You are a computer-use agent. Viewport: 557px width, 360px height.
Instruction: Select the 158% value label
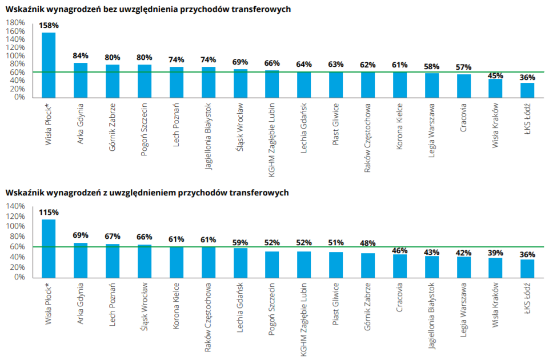pos(49,26)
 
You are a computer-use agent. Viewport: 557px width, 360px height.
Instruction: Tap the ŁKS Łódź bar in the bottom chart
pos(527,268)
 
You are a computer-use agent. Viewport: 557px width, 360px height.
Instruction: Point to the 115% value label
pos(49,212)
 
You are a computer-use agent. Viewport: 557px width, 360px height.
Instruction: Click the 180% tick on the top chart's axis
pos(15,23)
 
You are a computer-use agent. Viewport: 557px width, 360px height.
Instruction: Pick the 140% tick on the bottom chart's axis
pos(15,206)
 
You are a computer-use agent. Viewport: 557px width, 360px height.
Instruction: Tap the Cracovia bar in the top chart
pos(463,86)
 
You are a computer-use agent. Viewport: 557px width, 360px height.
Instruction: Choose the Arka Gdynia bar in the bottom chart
pos(81,260)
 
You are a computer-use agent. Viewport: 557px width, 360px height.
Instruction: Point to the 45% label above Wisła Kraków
pos(495,75)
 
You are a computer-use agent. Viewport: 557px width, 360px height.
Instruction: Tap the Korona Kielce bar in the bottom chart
pos(177,262)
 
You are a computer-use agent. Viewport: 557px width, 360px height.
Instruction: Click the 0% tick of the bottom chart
pos(19,277)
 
